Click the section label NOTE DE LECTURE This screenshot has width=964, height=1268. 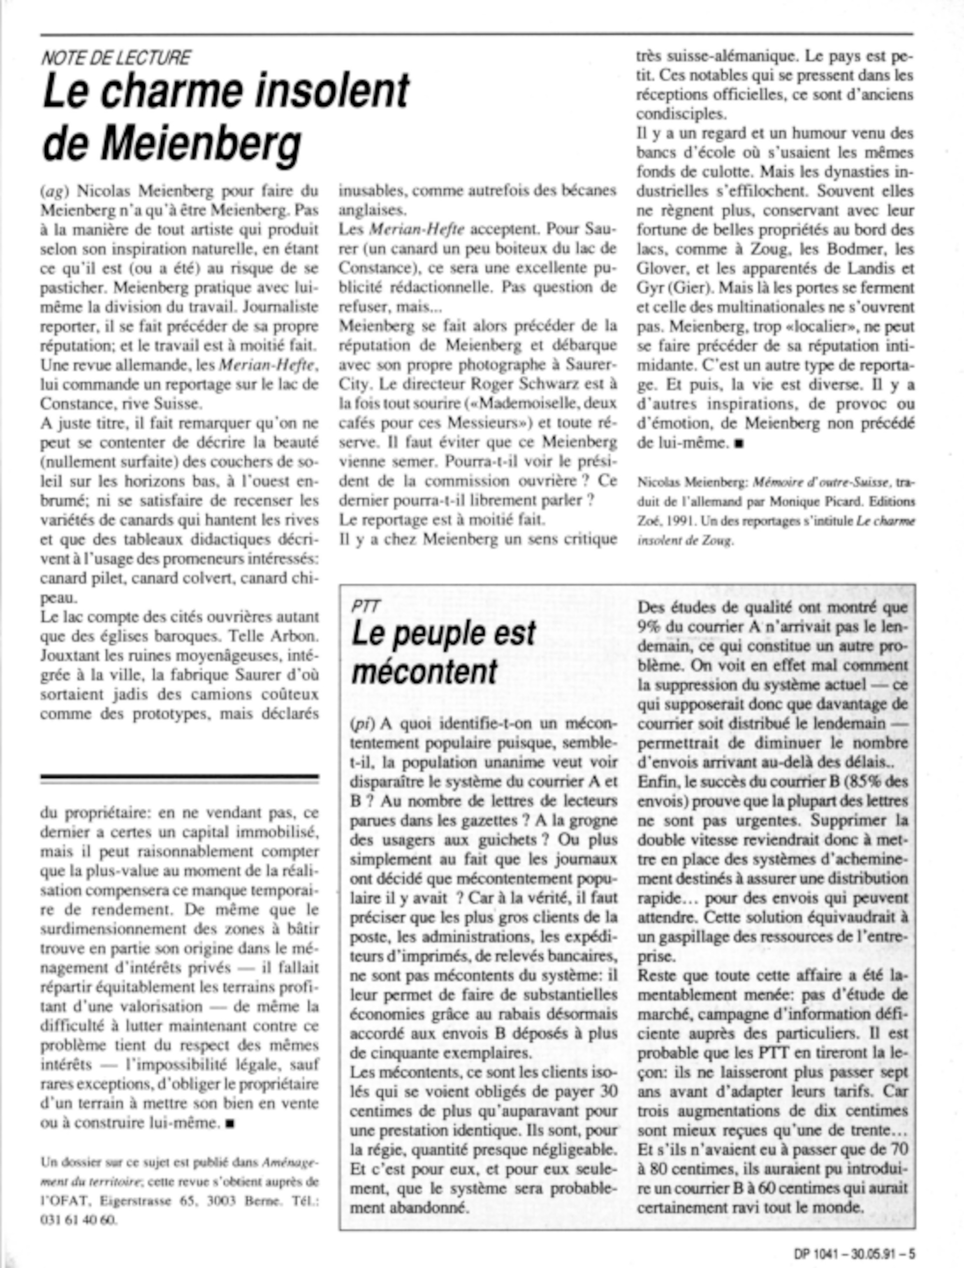(x=116, y=58)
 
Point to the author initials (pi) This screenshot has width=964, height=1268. (x=362, y=724)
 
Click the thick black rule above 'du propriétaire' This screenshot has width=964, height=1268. (x=180, y=778)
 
